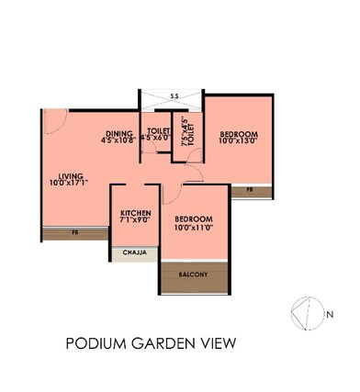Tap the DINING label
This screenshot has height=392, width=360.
click(119, 132)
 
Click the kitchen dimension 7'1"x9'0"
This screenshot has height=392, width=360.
click(135, 220)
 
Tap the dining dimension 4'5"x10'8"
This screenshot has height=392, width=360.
click(119, 140)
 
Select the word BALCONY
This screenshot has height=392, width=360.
click(194, 274)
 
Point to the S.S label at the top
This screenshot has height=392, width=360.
click(174, 94)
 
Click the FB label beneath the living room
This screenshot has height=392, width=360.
click(74, 233)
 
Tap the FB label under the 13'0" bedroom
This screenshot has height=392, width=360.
click(249, 191)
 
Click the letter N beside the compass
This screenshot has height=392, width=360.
click(329, 314)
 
